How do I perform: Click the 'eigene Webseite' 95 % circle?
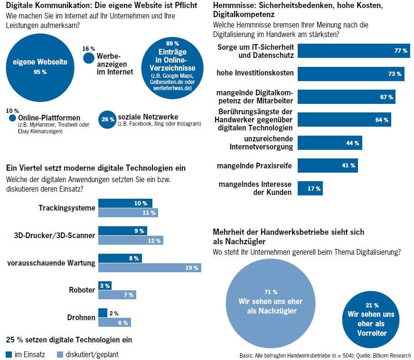[40, 66]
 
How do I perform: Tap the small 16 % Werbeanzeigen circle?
[89, 58]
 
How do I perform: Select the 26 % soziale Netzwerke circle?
[107, 120]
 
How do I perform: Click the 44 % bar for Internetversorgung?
[330, 143]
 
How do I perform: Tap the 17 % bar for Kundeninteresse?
[310, 188]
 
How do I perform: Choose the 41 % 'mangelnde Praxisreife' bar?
[328, 166]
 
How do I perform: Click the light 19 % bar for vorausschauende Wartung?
[149, 268]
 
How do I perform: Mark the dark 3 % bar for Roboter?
[105, 286]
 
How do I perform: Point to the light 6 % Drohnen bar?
[114, 322]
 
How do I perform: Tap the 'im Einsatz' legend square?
[9, 354]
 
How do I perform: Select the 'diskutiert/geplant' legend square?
[60, 354]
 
